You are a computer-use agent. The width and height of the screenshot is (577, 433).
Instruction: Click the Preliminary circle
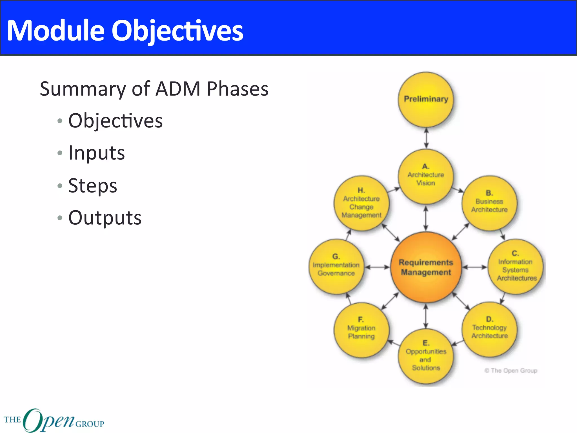point(426,99)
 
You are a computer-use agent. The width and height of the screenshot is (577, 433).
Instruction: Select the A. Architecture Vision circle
point(426,176)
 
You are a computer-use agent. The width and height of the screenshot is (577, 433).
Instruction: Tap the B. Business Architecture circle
point(489,203)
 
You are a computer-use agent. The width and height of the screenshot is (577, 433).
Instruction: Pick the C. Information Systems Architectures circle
point(516,266)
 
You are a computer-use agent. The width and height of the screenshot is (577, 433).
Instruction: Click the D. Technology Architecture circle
point(490,329)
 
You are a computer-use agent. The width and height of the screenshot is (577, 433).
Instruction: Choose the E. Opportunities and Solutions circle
point(426,356)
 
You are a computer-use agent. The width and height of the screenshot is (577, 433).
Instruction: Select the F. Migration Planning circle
point(361,330)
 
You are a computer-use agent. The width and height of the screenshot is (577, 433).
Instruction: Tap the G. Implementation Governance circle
point(336,266)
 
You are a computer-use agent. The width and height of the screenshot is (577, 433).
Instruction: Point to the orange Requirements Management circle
point(426,267)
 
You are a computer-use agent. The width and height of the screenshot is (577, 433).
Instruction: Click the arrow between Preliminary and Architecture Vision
point(426,138)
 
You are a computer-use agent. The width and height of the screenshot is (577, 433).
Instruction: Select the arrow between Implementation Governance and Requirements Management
point(377,267)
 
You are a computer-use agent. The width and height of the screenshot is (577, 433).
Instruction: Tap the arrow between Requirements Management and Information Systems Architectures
point(475,267)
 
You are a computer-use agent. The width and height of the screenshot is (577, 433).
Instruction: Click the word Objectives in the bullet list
point(116,121)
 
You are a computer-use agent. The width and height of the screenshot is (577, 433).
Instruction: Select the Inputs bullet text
point(97,153)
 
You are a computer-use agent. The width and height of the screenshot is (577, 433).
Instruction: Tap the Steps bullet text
point(93,185)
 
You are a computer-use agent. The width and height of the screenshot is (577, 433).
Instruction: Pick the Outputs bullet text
point(105,218)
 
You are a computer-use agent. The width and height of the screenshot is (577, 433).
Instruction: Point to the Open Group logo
point(54,420)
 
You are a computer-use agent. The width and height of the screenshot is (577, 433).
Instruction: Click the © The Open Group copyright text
point(511,370)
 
